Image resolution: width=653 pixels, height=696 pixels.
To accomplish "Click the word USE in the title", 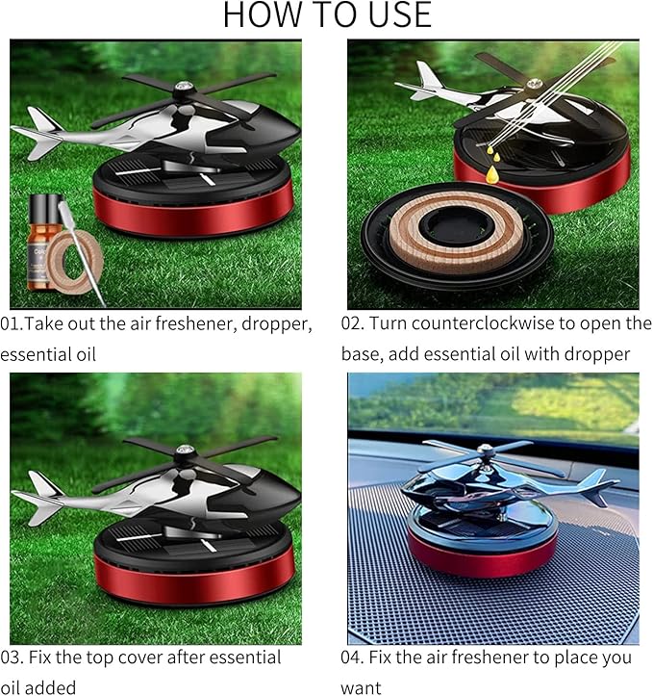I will coord(397,16).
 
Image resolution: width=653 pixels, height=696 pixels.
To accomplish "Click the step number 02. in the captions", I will coord(355,324).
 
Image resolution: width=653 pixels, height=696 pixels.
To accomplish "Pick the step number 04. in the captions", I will coord(355,657).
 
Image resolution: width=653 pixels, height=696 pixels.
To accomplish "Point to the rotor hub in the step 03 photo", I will coord(187,452).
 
